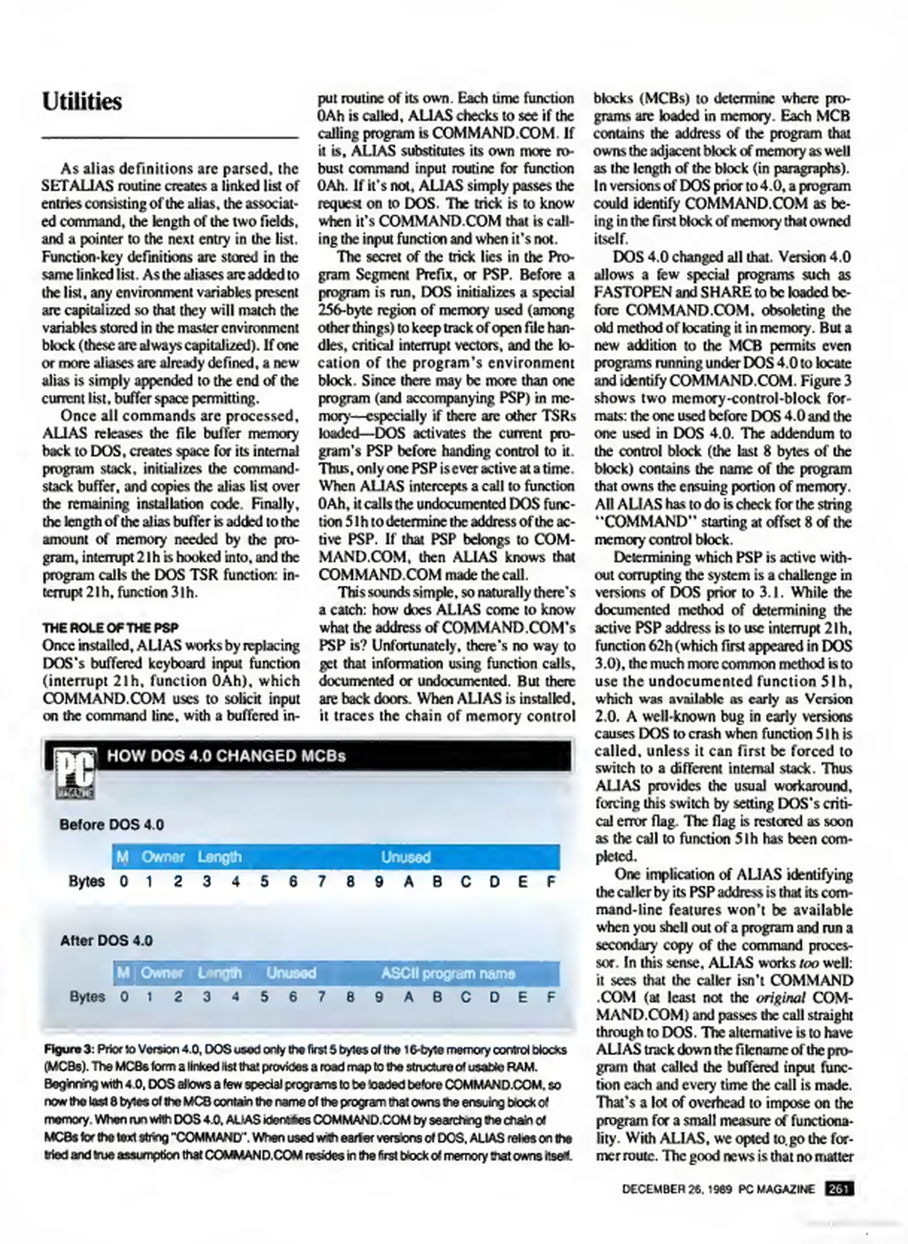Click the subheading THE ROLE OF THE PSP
point(110,628)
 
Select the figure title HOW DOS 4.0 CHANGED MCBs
point(226,756)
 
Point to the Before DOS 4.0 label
point(112,825)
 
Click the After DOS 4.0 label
point(107,940)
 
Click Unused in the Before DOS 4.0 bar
point(405,858)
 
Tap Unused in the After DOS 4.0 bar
point(291,973)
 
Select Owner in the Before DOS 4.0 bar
point(163,858)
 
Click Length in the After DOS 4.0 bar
point(219,973)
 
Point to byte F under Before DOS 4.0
point(550,882)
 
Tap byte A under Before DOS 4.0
point(408,882)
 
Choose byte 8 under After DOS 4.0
point(350,997)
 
